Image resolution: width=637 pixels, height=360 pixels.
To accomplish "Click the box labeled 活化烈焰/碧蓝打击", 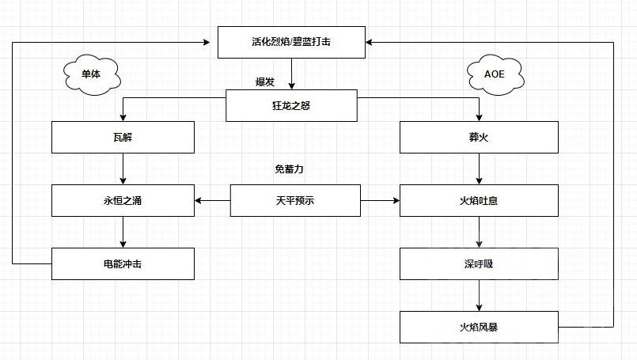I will pyautogui.click(x=291, y=42).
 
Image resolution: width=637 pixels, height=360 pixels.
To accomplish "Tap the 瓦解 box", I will pyautogui.click(x=123, y=137).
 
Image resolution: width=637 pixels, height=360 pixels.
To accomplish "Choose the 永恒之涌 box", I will pyautogui.click(x=123, y=200).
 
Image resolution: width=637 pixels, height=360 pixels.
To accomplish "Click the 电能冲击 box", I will pyautogui.click(x=123, y=263).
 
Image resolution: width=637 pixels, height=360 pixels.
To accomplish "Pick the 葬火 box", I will pyautogui.click(x=479, y=137).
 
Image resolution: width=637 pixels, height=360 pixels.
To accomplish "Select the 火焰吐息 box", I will pyautogui.click(x=479, y=200).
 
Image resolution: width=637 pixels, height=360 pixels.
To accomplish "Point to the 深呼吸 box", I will pyautogui.click(x=479, y=263).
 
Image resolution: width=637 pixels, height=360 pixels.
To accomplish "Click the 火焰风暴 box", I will pyautogui.click(x=479, y=326).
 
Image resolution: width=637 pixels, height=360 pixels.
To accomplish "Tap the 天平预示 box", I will pyautogui.click(x=295, y=200).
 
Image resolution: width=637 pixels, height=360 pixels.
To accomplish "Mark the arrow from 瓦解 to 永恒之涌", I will pyautogui.click(x=123, y=169).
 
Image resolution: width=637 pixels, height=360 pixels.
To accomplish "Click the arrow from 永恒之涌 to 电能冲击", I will pyautogui.click(x=123, y=232).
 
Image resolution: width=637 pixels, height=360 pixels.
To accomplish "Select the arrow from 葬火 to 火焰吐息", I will pyautogui.click(x=479, y=169).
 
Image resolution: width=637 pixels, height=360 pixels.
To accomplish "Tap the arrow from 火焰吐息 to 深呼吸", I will pyautogui.click(x=479, y=232).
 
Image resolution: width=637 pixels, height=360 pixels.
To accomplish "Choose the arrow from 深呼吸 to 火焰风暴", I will pyautogui.click(x=479, y=295).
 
